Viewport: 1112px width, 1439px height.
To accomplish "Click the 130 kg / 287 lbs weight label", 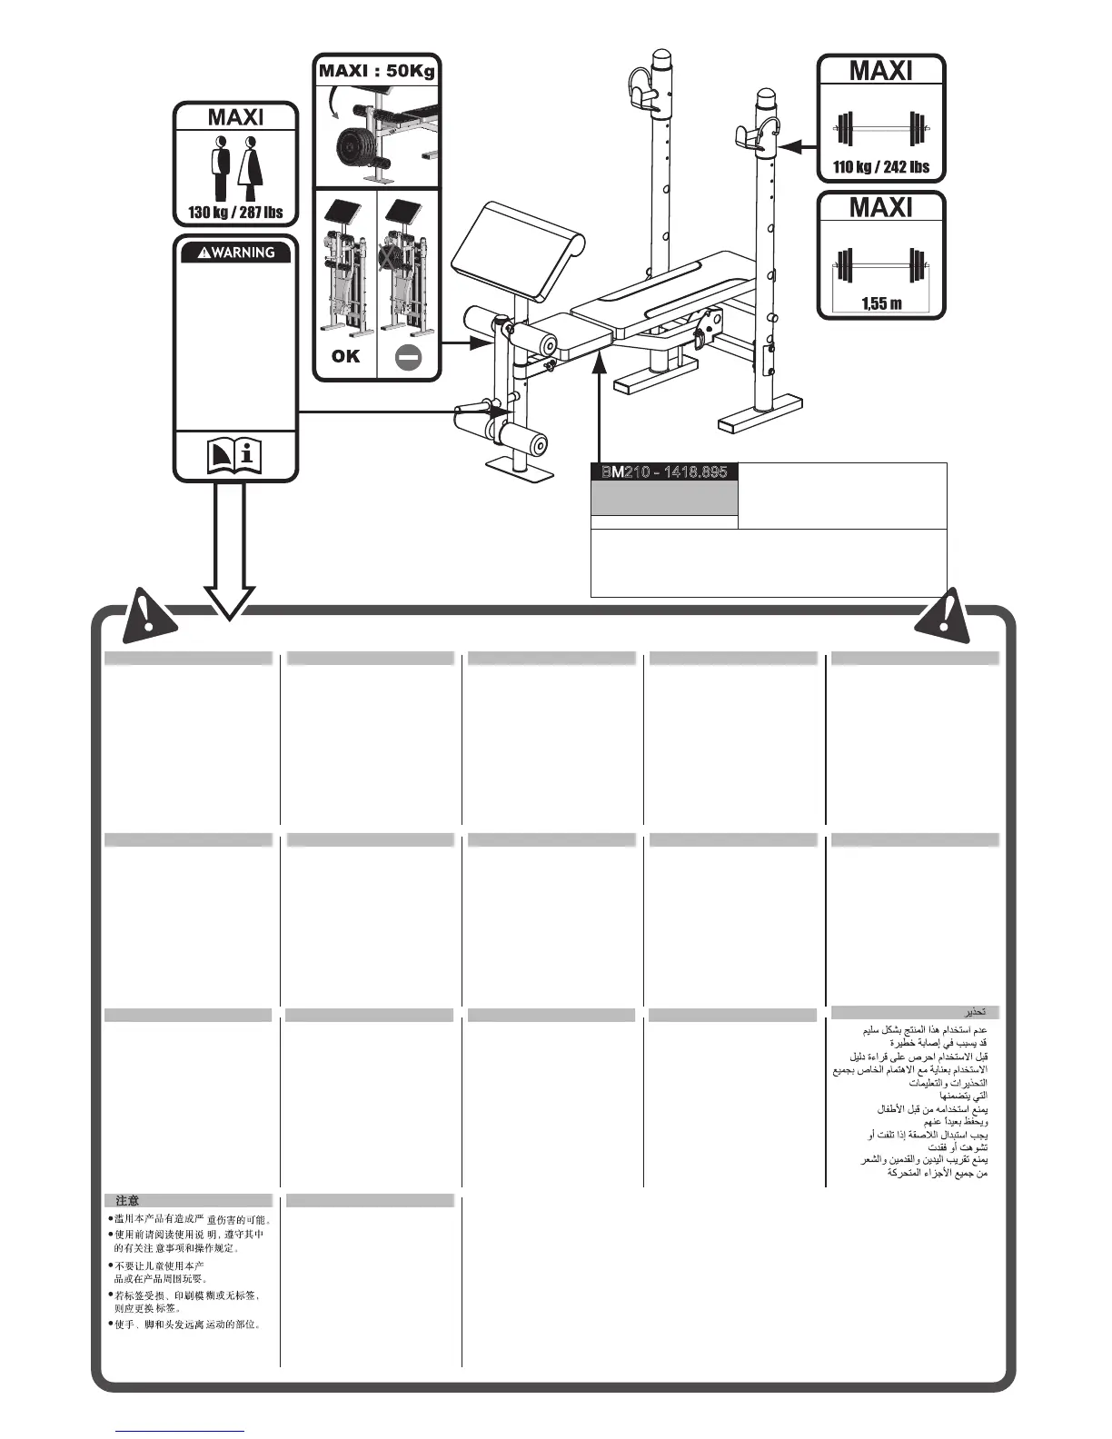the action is [235, 213].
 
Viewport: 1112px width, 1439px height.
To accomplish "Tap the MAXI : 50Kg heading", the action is [376, 71].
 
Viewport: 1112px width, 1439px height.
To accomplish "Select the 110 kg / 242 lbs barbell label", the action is [881, 167].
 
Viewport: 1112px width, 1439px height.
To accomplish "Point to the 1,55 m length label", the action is [881, 303].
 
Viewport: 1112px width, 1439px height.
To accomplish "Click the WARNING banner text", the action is [236, 253].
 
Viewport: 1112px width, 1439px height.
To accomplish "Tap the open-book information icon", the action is [235, 455].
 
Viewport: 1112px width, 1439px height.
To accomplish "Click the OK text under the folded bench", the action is [345, 356].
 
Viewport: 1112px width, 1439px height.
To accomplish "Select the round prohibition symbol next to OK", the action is [409, 357].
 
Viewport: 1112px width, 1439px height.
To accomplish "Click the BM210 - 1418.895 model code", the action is [664, 471].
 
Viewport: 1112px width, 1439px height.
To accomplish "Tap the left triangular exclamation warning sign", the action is [150, 613].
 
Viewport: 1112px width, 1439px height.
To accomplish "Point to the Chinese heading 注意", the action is [128, 1200].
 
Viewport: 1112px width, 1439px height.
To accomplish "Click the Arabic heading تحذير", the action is [976, 1012].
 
